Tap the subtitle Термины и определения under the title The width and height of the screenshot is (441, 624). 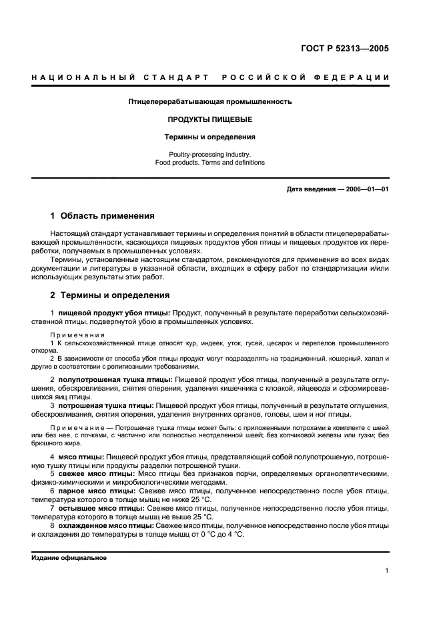click(210, 137)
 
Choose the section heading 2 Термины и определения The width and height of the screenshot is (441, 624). click(110, 295)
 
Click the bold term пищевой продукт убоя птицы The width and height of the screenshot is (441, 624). click(115, 313)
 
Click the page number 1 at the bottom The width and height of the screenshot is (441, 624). click(387, 571)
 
